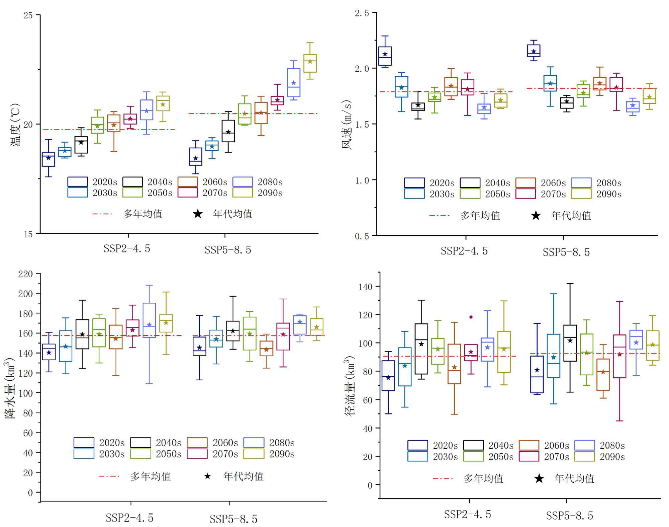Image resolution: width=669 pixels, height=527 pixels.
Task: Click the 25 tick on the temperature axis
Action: [28, 15]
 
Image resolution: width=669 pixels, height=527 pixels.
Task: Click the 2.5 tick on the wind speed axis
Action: [362, 13]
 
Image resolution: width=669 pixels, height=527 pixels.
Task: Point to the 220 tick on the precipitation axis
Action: [25, 274]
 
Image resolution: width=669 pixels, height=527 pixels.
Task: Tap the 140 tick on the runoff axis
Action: [365, 287]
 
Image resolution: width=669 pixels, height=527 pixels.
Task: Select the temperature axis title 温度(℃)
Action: [15, 125]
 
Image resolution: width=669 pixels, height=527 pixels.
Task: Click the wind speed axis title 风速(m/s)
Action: [347, 125]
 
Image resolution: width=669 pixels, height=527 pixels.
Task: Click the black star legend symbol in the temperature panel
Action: [198, 214]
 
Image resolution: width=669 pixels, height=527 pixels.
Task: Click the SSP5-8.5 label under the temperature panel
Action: [228, 250]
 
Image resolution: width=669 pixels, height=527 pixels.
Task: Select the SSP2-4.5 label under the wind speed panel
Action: [464, 251]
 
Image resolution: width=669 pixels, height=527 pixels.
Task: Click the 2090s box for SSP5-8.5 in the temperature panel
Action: [310, 63]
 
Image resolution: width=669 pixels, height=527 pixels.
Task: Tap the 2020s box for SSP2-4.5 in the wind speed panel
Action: [385, 56]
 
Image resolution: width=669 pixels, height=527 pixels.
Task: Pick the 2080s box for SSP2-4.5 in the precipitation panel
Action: [149, 320]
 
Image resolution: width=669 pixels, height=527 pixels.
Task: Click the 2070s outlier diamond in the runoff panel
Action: [471, 317]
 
